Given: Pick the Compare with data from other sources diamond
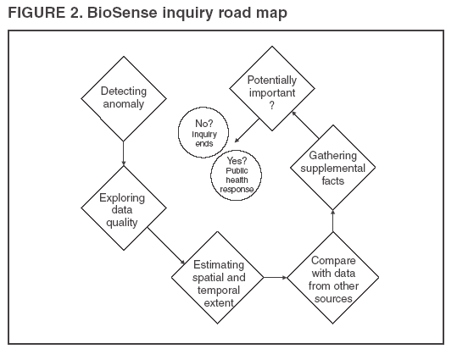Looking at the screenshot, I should pos(332,277).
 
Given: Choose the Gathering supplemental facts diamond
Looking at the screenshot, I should pos(332,170).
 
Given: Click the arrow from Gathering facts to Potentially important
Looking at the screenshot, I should pos(304,123).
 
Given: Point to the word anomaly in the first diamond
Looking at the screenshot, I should pos(123,104).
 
